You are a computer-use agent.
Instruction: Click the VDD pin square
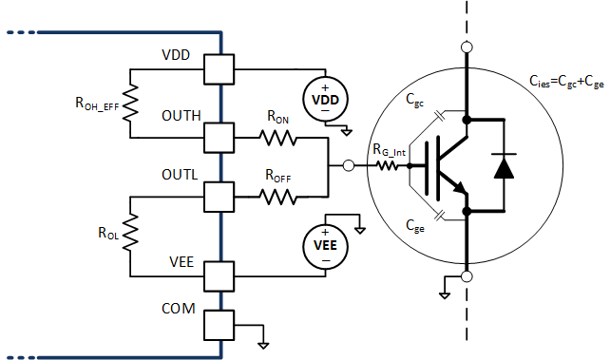pos(220,69)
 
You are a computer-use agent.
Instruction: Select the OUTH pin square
pos(220,140)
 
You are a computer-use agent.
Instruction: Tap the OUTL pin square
pos(220,197)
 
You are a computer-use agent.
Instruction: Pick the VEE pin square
pos(220,275)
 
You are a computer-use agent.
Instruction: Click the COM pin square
pos(220,325)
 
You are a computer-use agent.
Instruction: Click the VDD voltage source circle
pos(325,99)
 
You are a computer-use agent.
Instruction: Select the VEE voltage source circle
pos(325,247)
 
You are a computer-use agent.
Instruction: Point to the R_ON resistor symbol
pos(280,140)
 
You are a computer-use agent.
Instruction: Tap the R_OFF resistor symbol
pos(280,197)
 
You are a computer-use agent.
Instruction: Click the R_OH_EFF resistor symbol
pos(130,104)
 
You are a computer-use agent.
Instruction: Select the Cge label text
pos(414,226)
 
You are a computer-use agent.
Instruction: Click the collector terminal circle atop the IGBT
pos(467,47)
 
